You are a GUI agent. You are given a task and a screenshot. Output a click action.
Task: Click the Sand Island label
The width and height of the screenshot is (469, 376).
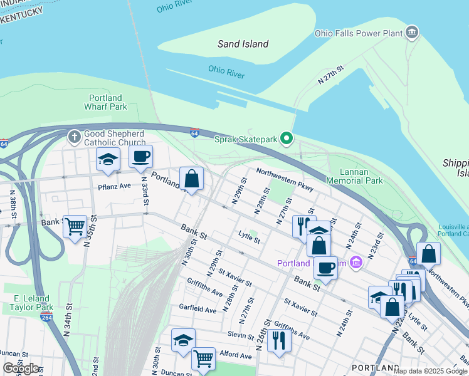243,44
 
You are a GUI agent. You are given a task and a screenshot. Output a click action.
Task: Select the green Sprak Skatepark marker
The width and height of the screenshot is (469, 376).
287,138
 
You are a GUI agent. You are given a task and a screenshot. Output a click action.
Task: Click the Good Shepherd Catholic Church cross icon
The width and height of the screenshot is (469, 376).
73,136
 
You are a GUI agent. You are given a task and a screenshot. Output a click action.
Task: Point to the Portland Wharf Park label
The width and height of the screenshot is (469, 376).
106,102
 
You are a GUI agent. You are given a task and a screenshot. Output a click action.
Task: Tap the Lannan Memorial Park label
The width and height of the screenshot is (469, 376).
361,176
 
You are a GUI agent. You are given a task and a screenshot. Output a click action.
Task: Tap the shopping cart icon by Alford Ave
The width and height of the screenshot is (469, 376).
203,358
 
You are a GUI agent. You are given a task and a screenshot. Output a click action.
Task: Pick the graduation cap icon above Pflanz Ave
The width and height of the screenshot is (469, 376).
108,160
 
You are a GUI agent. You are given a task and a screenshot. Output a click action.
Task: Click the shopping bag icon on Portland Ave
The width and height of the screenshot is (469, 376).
192,178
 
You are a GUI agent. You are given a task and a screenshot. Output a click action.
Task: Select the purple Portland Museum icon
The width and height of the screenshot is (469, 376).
356,261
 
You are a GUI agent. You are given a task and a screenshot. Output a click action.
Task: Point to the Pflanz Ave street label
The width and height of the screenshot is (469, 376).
114,186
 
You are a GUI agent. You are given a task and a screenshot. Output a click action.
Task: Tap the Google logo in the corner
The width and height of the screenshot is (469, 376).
21,368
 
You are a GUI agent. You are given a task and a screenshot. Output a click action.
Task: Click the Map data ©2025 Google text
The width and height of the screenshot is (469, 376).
430,371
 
